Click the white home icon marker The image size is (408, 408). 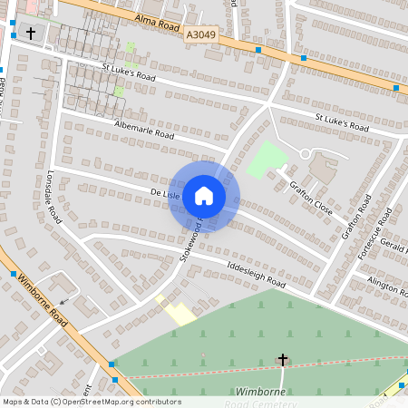coord(204,195)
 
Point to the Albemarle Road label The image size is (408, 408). coord(144,130)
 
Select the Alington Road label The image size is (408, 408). coord(386,285)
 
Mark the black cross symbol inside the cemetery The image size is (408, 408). coord(283,360)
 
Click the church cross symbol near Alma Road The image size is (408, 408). coord(32,34)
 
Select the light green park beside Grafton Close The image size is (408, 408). coord(267,160)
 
